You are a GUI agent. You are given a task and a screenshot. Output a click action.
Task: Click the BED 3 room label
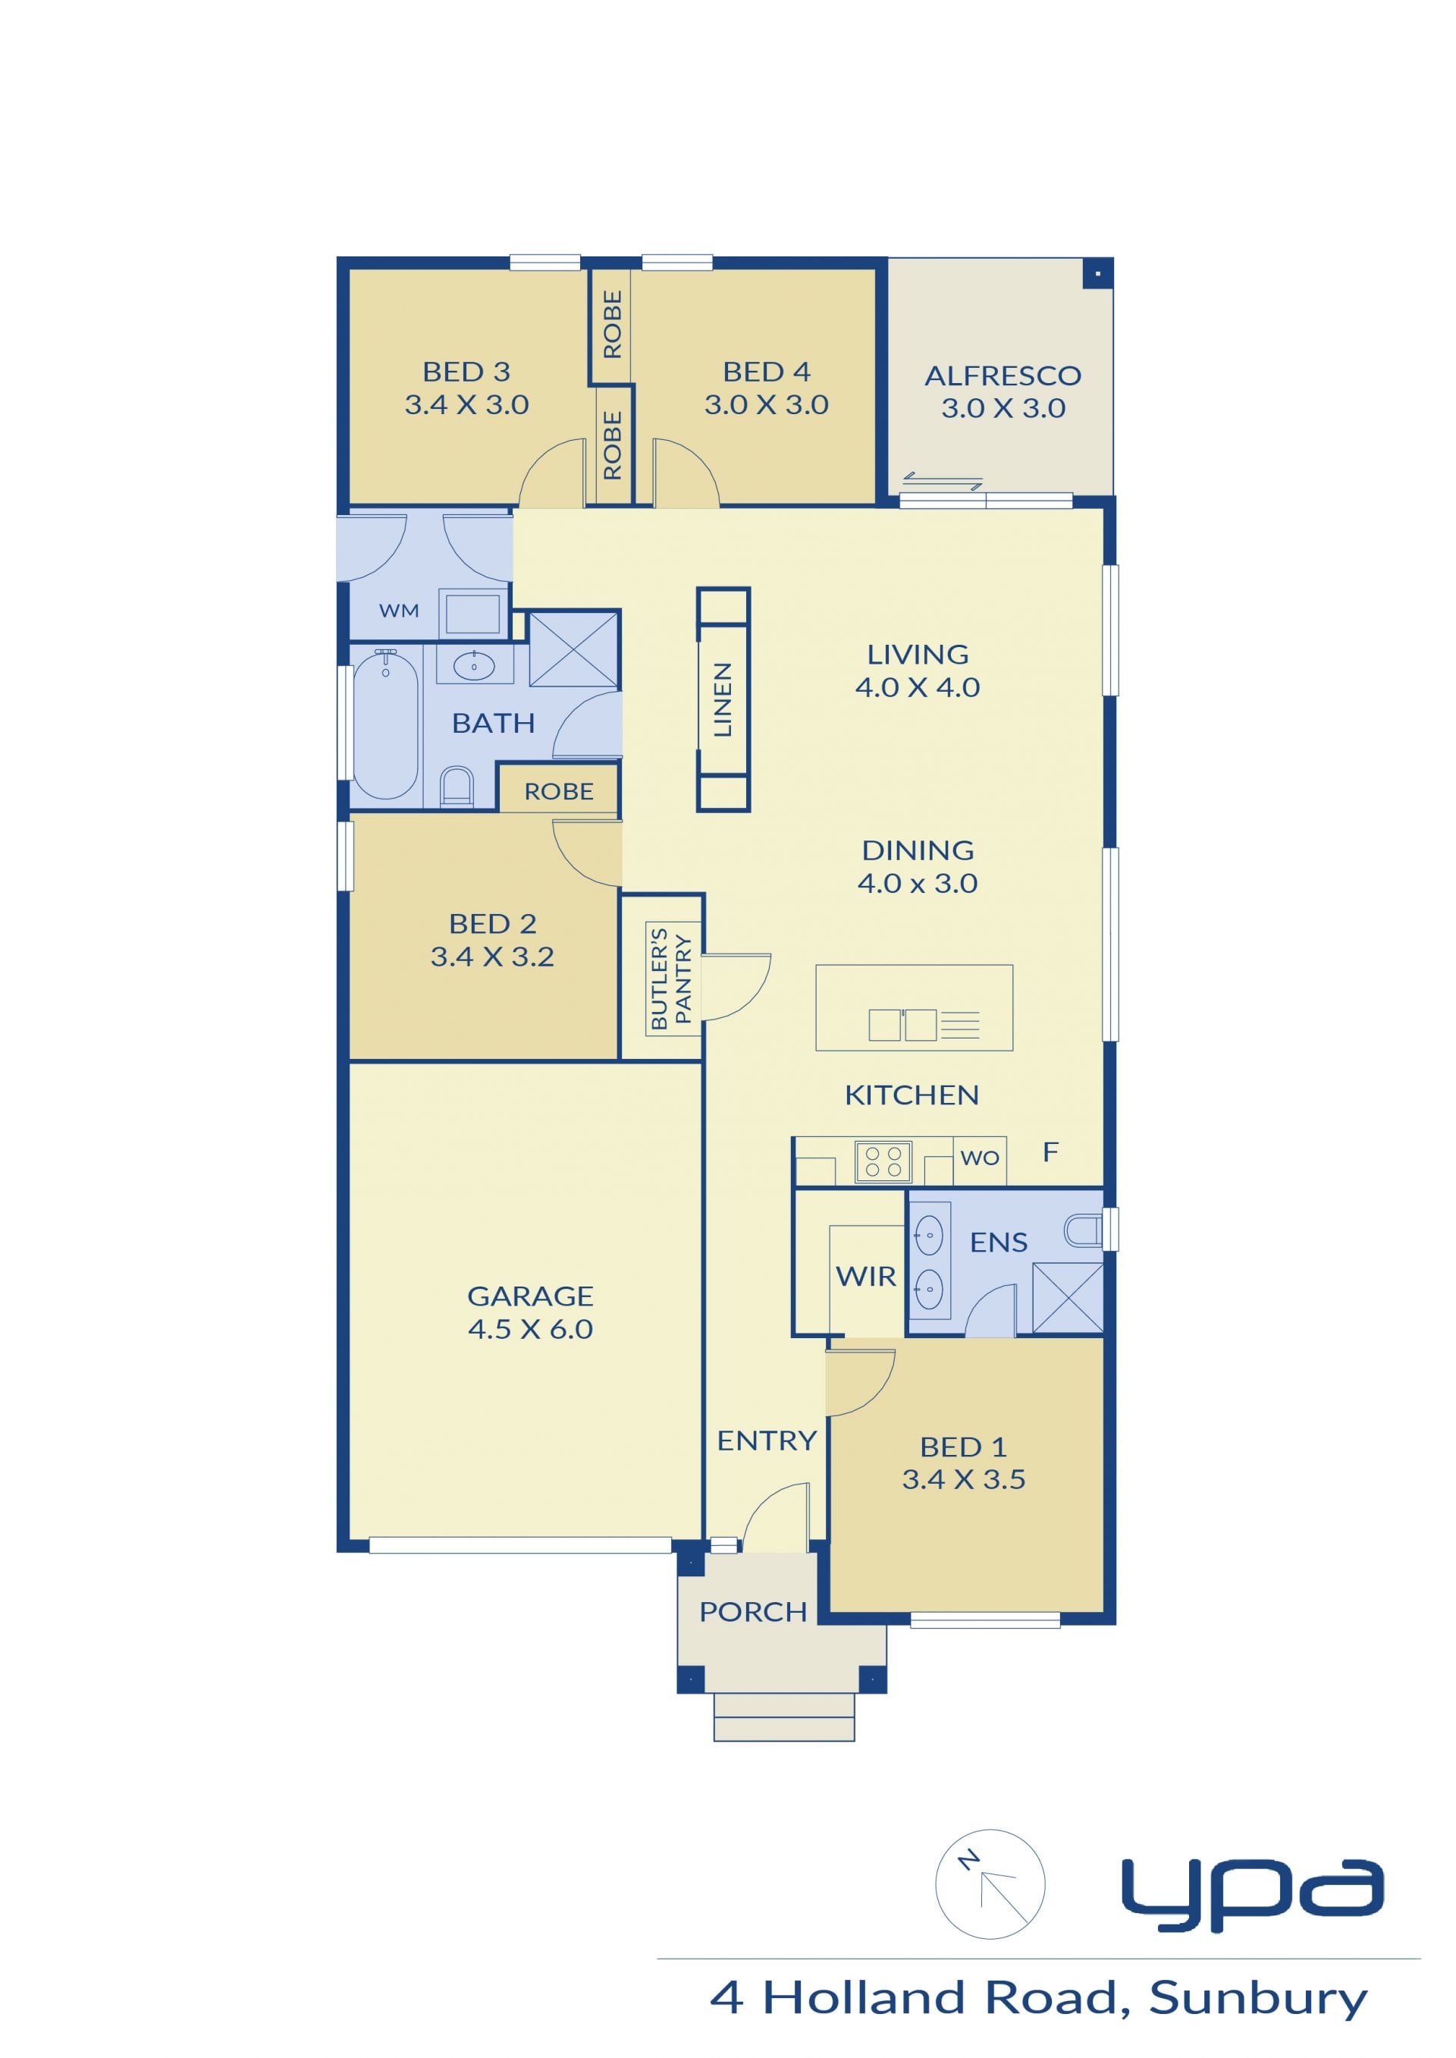click(x=466, y=371)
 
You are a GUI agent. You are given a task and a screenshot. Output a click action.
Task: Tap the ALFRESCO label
click(x=1003, y=375)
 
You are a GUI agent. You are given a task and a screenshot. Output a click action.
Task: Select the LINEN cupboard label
click(x=723, y=699)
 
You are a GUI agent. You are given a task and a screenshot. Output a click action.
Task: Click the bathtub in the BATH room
click(x=385, y=724)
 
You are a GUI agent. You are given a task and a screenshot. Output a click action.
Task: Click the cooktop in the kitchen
click(x=883, y=1161)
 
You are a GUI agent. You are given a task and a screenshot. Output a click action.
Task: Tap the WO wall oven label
click(x=979, y=1158)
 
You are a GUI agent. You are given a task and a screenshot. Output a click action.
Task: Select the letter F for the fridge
click(x=1051, y=1152)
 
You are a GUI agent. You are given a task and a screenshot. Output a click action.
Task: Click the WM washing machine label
click(x=399, y=611)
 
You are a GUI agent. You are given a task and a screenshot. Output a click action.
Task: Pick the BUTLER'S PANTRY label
click(x=670, y=979)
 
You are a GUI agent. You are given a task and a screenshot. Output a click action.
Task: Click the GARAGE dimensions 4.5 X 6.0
click(x=530, y=1329)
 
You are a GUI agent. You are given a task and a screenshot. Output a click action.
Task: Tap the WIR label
click(x=865, y=1276)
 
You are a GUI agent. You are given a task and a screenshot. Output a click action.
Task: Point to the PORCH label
click(x=753, y=1611)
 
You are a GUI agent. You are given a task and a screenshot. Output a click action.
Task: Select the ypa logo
click(x=1253, y=1892)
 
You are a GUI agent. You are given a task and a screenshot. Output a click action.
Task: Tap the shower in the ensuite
click(x=1068, y=1298)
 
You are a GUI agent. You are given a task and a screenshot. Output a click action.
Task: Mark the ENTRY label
click(x=767, y=1441)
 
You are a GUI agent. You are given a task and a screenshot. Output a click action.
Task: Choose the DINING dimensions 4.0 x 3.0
click(x=917, y=883)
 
